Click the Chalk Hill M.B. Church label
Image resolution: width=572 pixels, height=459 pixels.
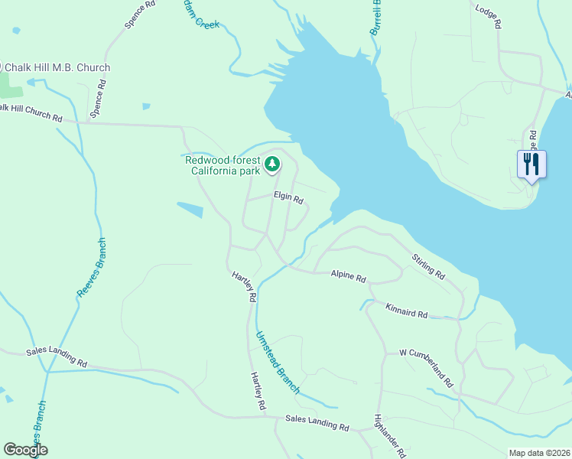pyautogui.click(x=57, y=68)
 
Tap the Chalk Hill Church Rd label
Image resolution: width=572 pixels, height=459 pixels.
pyautogui.click(x=31, y=113)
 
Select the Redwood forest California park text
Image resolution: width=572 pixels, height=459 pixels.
pyautogui.click(x=223, y=165)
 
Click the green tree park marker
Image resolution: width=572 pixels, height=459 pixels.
pyautogui.click(x=271, y=164)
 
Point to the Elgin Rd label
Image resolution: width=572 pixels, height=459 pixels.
pyautogui.click(x=289, y=198)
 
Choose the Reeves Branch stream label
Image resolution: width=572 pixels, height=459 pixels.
pyautogui.click(x=92, y=269)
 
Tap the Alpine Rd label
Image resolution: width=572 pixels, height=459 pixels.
pyautogui.click(x=348, y=275)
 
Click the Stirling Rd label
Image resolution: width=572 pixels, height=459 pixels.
pyautogui.click(x=428, y=266)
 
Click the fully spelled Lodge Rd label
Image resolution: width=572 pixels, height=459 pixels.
pyautogui.click(x=488, y=15)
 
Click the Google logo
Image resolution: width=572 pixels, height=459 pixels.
pyautogui.click(x=25, y=450)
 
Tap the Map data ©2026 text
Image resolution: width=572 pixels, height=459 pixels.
pyautogui.click(x=539, y=453)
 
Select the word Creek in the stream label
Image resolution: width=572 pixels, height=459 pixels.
pyautogui.click(x=207, y=24)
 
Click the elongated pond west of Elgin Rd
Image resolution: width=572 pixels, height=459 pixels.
pyautogui.click(x=190, y=209)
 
